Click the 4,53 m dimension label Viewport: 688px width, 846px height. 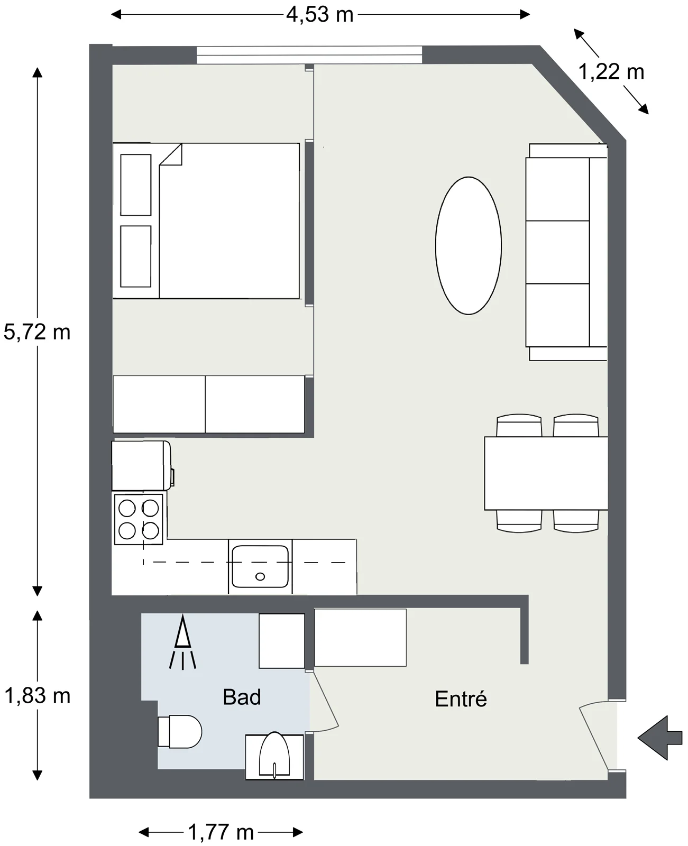click(320, 15)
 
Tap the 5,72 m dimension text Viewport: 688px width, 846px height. click(37, 332)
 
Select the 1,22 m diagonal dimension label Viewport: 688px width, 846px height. click(611, 72)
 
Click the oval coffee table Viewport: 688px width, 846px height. click(469, 246)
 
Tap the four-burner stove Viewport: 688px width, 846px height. click(139, 519)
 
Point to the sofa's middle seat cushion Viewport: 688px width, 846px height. click(557, 252)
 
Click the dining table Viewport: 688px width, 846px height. click(546, 473)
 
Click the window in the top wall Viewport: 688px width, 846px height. click(309, 55)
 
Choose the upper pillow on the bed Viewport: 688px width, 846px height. click(136, 185)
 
